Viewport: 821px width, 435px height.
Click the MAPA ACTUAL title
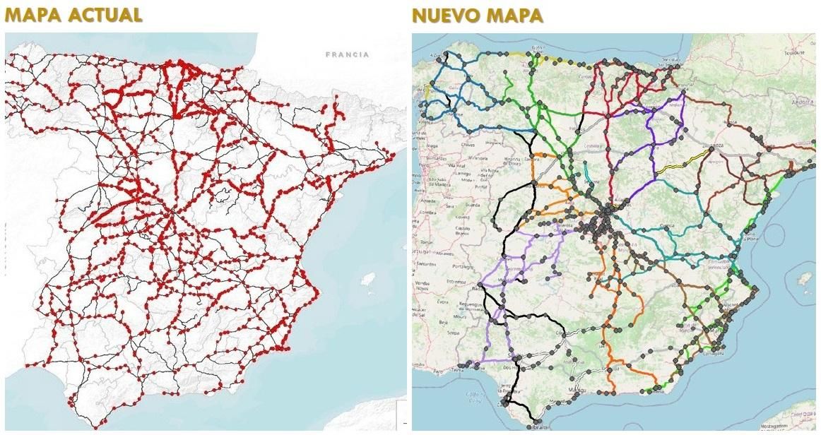[73, 16]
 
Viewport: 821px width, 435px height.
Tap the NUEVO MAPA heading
[477, 16]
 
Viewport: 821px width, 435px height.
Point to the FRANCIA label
[347, 54]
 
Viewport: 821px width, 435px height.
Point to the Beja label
[445, 322]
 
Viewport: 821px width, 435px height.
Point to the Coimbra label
[428, 213]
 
